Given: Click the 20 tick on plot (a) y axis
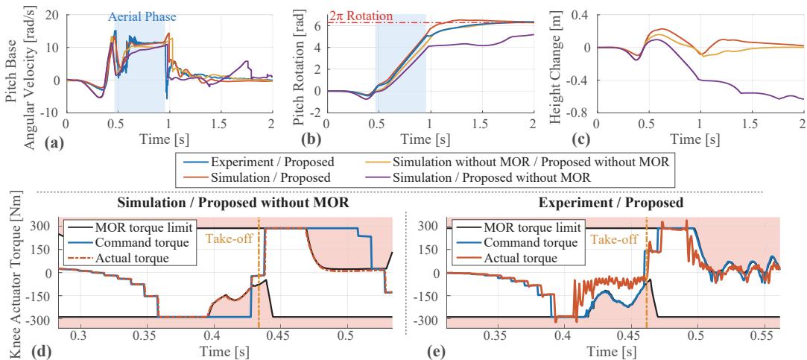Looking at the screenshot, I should tap(53, 14).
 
